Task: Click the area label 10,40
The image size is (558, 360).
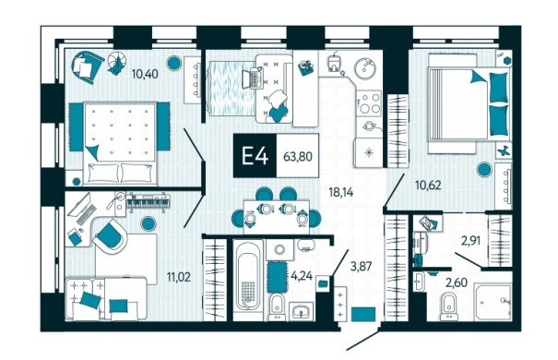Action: click(x=145, y=74)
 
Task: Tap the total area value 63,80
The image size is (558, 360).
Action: click(x=298, y=156)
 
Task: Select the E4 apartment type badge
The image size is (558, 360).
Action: click(x=255, y=156)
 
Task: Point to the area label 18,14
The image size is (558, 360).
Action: click(x=341, y=192)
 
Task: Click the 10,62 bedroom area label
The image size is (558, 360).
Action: click(x=428, y=186)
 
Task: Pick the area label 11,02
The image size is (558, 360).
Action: click(x=179, y=277)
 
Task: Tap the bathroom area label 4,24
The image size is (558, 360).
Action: click(x=302, y=275)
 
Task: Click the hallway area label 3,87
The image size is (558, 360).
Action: click(x=361, y=267)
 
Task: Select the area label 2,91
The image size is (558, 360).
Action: click(x=470, y=241)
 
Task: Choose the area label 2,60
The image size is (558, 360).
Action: click(x=457, y=283)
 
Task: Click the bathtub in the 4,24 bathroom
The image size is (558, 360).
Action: click(x=248, y=281)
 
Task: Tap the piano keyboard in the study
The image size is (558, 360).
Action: click(x=148, y=202)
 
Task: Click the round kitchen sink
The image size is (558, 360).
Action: click(x=365, y=68)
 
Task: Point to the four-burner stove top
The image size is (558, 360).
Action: click(x=370, y=102)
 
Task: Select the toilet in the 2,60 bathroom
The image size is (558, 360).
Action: click(x=449, y=306)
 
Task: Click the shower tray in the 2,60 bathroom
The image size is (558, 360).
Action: click(x=493, y=302)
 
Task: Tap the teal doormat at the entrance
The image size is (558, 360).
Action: click(x=363, y=314)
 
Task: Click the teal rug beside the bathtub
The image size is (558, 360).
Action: click(x=278, y=276)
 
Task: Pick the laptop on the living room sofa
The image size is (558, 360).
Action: click(x=251, y=78)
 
